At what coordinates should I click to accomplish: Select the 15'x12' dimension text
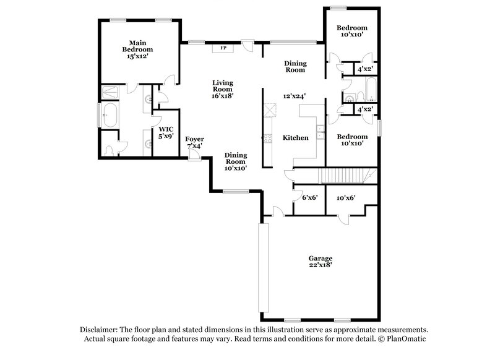pos(137,56)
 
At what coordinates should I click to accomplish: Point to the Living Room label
pos(222,86)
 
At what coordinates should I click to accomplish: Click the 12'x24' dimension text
pos(295,96)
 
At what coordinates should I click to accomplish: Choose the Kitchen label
pos(295,137)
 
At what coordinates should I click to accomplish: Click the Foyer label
pos(195,139)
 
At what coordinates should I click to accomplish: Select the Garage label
pos(321,258)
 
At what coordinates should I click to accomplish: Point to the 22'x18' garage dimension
pos(321,265)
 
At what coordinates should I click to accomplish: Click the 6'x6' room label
pos(309,198)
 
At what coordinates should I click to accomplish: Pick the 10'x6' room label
pos(345,198)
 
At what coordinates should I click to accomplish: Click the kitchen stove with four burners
pos(269,139)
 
